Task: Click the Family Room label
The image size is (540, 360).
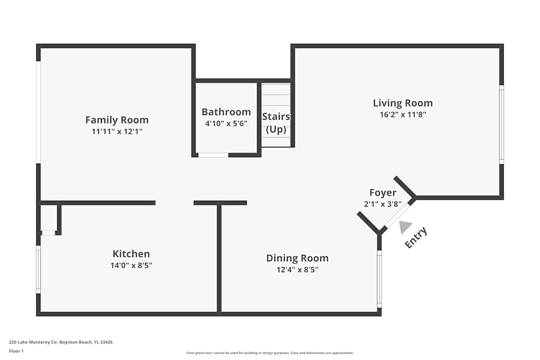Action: click(x=117, y=120)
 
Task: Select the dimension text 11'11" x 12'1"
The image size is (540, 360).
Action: click(x=117, y=131)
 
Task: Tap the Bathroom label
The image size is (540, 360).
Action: click(x=226, y=112)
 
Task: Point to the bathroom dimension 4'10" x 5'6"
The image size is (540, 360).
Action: click(x=226, y=123)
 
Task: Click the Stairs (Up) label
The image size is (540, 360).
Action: click(x=276, y=123)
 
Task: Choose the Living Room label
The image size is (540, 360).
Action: click(x=403, y=103)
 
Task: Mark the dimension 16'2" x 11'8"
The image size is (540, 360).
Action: click(x=403, y=114)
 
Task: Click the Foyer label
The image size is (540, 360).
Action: click(x=383, y=193)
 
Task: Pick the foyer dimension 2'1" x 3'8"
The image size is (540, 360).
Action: click(x=383, y=203)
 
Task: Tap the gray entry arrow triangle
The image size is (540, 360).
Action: click(x=405, y=228)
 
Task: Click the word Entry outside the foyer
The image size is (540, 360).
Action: click(x=416, y=237)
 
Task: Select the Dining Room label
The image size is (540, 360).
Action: click(x=297, y=258)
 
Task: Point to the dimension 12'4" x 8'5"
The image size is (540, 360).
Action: click(x=297, y=269)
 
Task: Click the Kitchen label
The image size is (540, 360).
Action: click(x=131, y=254)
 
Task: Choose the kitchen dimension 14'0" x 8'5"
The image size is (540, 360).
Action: click(x=131, y=265)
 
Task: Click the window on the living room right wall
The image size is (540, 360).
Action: click(x=501, y=125)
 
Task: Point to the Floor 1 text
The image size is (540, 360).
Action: click(x=16, y=351)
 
